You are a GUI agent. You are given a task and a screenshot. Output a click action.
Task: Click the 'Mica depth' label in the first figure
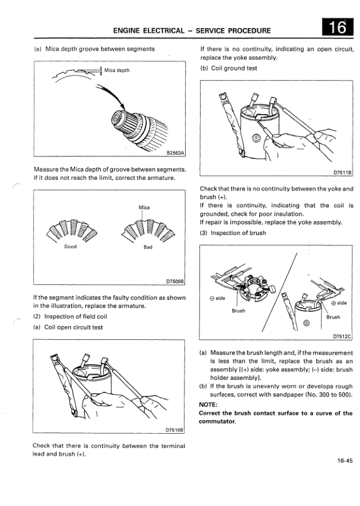click(117, 70)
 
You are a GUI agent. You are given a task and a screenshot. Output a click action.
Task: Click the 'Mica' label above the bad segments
click(144, 207)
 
